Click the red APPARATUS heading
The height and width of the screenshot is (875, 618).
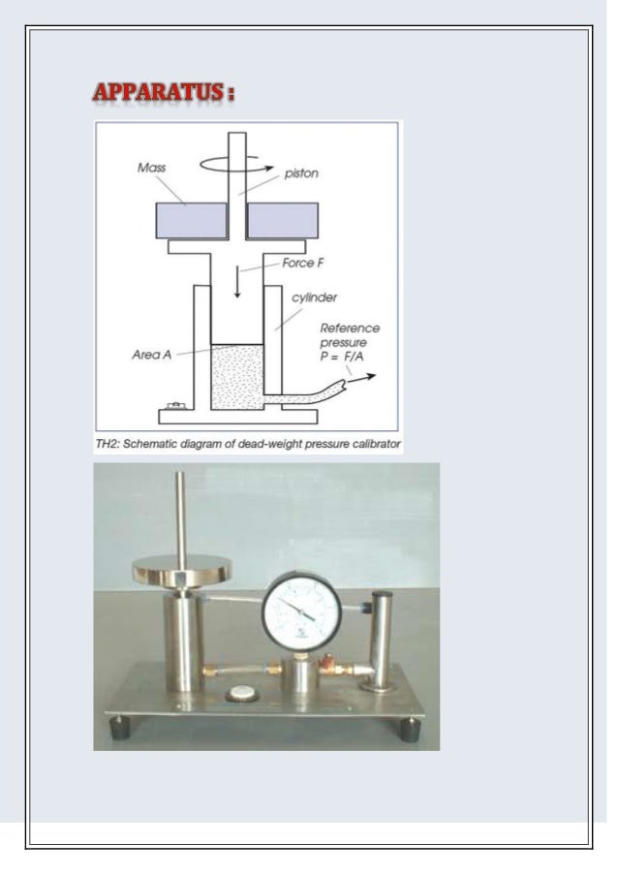pos(165,95)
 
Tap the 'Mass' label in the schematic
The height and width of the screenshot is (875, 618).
pos(151,168)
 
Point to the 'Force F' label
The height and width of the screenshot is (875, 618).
pos(303,264)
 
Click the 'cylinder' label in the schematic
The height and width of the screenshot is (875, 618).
pos(313,297)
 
